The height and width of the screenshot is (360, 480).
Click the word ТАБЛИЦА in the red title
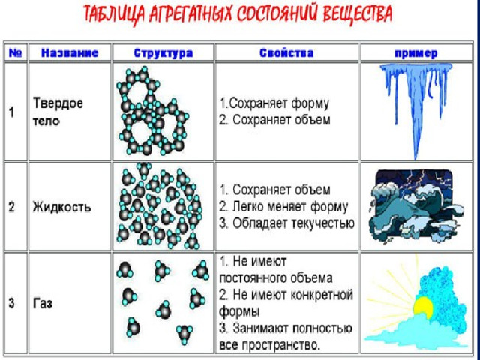coord(115,14)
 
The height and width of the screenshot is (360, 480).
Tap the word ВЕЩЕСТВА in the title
coord(358,14)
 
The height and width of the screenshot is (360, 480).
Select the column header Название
coord(70,53)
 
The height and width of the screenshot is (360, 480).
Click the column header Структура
coord(163,53)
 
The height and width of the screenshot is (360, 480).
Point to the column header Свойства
coord(286,53)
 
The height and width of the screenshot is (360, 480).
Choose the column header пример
coord(416,53)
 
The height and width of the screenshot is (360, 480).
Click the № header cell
coord(15,53)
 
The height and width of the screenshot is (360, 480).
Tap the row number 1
coord(11,112)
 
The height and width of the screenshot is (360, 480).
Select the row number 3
coord(11,303)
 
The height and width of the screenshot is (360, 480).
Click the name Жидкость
coord(61,207)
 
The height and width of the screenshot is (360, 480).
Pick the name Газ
coord(43,303)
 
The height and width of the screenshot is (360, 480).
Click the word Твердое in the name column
coord(58,103)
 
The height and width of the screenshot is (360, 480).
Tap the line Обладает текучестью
coord(293,223)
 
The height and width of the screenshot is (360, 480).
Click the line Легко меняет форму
coord(290,207)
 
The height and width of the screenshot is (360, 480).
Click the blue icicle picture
coord(415,111)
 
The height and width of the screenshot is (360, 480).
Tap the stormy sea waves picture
coord(415,207)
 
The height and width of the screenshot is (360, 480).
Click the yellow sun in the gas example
coord(423,307)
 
